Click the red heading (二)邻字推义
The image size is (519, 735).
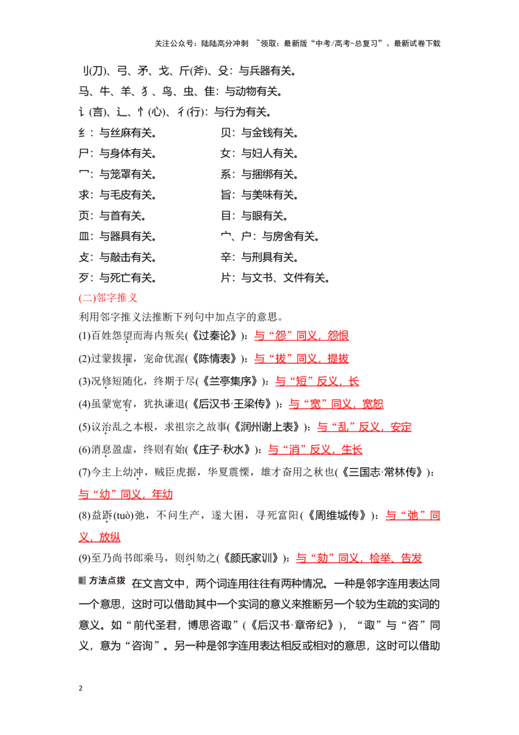108,297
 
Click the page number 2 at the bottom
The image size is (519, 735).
80,688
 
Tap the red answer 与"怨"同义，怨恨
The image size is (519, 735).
301,336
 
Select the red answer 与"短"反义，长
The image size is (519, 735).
317,381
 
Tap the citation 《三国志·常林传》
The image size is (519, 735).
381,472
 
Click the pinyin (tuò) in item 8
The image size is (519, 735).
124,516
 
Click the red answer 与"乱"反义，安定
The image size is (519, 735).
365,427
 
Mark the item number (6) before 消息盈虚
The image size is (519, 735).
84,449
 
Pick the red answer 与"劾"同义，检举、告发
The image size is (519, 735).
359,558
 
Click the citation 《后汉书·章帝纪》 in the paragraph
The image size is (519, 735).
293,625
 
